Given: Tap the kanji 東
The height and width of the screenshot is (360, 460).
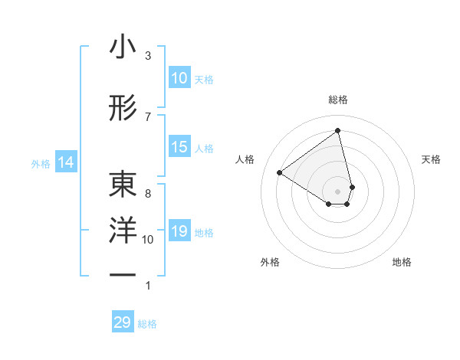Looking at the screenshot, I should pyautogui.click(x=123, y=185).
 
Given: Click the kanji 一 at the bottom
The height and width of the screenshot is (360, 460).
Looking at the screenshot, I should pyautogui.click(x=123, y=273).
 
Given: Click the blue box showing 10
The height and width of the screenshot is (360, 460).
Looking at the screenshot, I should pyautogui.click(x=179, y=78).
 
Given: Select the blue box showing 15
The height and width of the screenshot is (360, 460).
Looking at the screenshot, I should pyautogui.click(x=179, y=147).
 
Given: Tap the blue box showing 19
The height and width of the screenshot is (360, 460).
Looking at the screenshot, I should pyautogui.click(x=179, y=231).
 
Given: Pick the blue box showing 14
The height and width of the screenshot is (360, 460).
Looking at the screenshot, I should pyautogui.click(x=66, y=162).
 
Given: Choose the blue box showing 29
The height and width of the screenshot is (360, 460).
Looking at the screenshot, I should pyautogui.click(x=123, y=322).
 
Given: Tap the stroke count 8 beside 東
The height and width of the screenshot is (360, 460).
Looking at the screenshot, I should pyautogui.click(x=148, y=193).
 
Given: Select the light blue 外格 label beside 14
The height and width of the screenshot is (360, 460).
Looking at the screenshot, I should pyautogui.click(x=41, y=163).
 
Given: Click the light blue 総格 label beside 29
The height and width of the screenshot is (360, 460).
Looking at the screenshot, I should pyautogui.click(x=147, y=324).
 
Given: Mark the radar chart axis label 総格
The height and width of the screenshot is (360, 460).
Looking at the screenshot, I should pyautogui.click(x=338, y=100).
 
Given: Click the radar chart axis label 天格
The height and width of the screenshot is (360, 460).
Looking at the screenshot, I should pyautogui.click(x=432, y=159).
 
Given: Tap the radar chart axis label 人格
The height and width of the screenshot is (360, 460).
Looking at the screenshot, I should pyautogui.click(x=245, y=159).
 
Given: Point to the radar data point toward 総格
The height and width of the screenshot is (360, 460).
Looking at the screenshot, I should pyautogui.click(x=338, y=130).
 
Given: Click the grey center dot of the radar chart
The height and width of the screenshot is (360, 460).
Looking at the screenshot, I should pyautogui.click(x=338, y=191).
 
